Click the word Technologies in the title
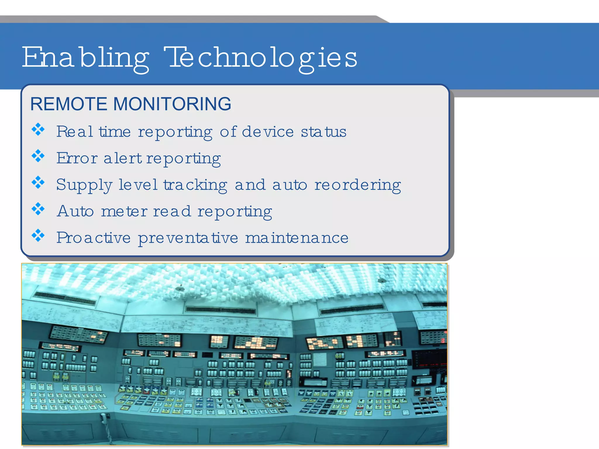pyautogui.click(x=260, y=57)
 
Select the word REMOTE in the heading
pyautogui.click(x=69, y=104)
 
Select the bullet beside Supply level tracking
pyautogui.click(x=38, y=182)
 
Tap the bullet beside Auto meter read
pyautogui.click(x=38, y=209)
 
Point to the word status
pyautogui.click(x=323, y=132)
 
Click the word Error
pyautogui.click(x=77, y=158)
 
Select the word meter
pyautogui.click(x=124, y=211)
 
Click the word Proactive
pyautogui.click(x=93, y=238)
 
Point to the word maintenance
pyautogui.click(x=297, y=238)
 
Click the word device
pyautogui.click(x=268, y=132)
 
